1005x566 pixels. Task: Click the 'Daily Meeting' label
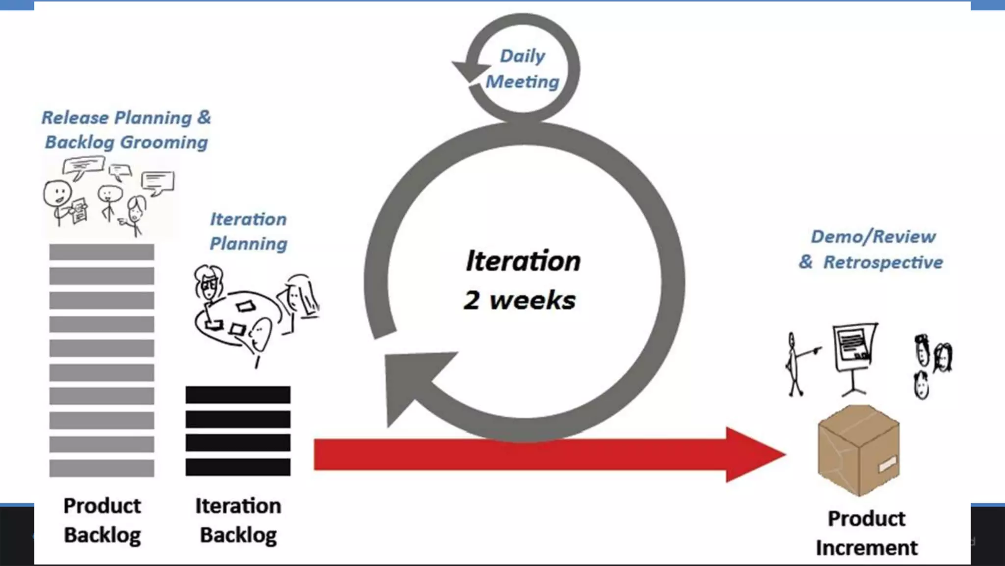[x=522, y=69]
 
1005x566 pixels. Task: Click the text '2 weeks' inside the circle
[x=520, y=300]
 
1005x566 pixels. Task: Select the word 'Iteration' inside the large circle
[x=523, y=261]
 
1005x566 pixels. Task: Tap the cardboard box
[x=858, y=450]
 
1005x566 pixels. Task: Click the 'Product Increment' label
[x=867, y=533]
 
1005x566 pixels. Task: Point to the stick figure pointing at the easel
[x=794, y=364]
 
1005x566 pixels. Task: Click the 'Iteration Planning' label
[x=248, y=231]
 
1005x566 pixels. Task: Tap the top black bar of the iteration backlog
[x=238, y=395]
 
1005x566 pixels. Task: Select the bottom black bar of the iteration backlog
[x=238, y=467]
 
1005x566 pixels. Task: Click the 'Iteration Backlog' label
[x=238, y=520]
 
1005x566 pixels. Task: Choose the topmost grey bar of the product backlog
[x=102, y=252]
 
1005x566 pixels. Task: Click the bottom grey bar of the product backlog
[x=102, y=468]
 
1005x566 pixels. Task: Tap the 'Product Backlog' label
[x=102, y=520]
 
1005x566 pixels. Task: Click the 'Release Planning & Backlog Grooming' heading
[x=126, y=130]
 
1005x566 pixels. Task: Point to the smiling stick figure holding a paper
[x=61, y=201]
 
